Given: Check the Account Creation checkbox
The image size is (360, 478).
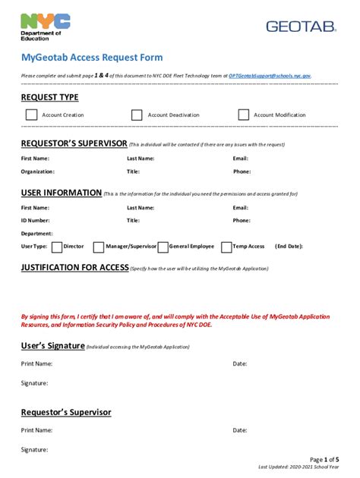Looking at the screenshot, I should point(31,115).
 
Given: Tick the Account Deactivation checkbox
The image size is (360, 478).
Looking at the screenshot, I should point(137,115).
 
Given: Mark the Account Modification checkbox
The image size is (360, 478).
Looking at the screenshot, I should point(243,115).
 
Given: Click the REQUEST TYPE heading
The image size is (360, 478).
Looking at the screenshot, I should point(49,98).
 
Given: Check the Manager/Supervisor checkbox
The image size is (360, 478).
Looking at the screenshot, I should point(99,247).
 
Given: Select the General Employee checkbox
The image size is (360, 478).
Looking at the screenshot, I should point(163,247).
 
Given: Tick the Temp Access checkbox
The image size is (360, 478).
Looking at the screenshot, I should point(226,247).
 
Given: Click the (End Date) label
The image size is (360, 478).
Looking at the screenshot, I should point(289,247).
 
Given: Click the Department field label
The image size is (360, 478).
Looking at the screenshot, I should point(36,234).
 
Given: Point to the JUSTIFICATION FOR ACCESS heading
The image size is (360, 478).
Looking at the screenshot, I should point(74,268).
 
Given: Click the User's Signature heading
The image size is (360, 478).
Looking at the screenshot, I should point(52,346).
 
